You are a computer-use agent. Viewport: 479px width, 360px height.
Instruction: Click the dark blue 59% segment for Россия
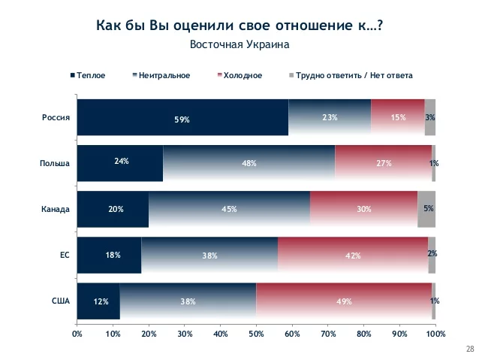pyautogui.click(x=182, y=118)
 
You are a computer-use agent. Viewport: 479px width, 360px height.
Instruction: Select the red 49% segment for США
pyautogui.click(x=344, y=301)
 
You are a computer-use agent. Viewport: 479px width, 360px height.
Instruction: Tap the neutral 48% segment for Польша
pyautogui.click(x=249, y=163)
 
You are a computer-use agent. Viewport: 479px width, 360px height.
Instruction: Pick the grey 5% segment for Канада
pyautogui.click(x=426, y=209)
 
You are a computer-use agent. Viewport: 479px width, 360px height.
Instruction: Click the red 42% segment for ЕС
pyautogui.click(x=353, y=256)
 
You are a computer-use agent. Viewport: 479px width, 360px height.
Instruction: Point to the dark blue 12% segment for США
pyautogui.click(x=98, y=301)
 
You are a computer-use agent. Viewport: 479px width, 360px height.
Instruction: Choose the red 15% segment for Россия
pyautogui.click(x=398, y=118)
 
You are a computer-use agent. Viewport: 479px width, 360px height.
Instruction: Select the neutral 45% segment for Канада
pyautogui.click(x=229, y=209)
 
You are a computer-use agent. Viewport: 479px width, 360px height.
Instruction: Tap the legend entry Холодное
pyautogui.click(x=240, y=75)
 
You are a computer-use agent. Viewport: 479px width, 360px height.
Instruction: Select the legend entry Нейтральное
pyautogui.click(x=162, y=75)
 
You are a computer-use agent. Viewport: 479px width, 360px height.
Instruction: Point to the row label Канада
pyautogui.click(x=55, y=209)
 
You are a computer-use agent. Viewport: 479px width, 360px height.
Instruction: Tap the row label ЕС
pyautogui.click(x=65, y=256)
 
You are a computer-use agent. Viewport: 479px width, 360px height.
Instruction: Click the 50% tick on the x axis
pyautogui.click(x=256, y=332)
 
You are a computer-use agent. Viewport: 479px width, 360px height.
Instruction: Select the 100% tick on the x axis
pyautogui.click(x=435, y=332)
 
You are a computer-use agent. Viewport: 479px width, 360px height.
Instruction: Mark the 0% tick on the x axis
pyautogui.click(x=77, y=332)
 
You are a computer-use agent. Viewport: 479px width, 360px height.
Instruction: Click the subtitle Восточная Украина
pyautogui.click(x=239, y=44)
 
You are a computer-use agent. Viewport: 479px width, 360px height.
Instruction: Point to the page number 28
pyautogui.click(x=470, y=349)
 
